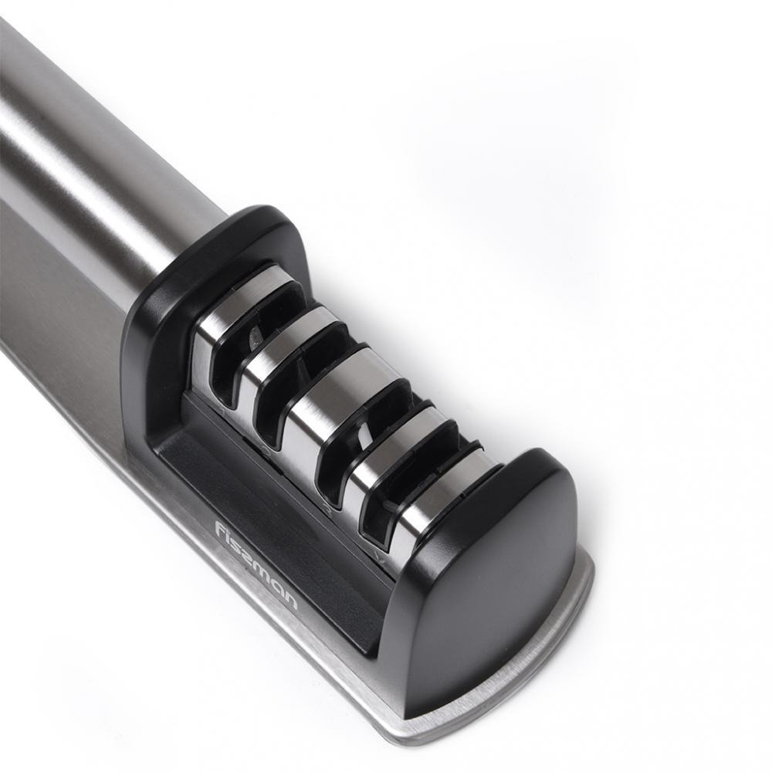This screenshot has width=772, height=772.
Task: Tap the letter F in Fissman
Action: pos(220,530)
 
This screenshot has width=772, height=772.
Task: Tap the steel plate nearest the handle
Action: pos(232,297)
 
